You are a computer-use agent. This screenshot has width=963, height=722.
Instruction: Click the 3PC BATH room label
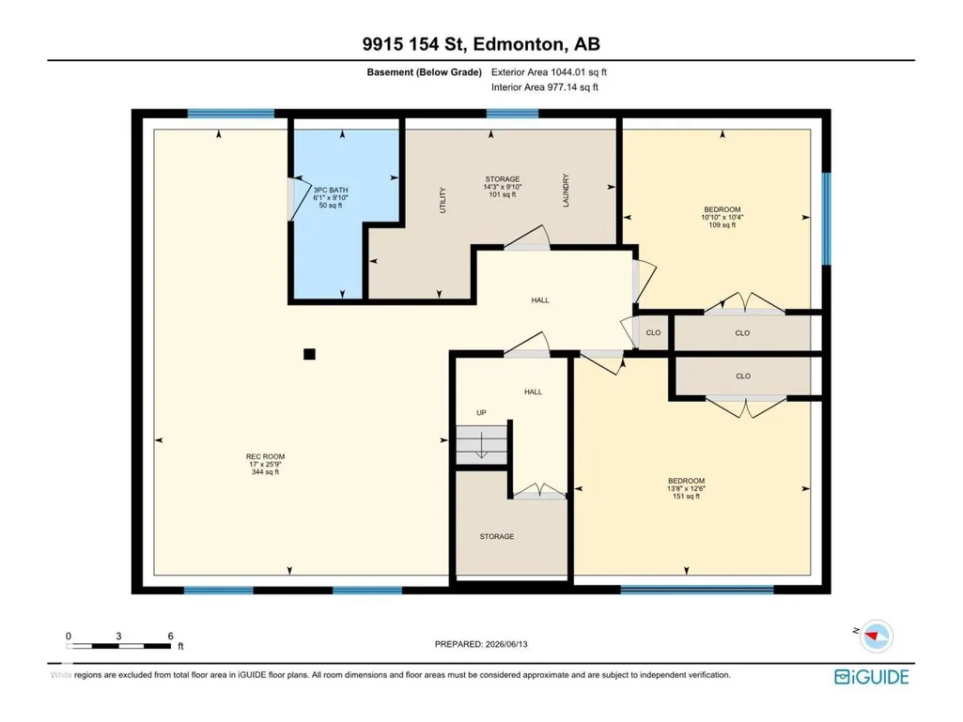331,191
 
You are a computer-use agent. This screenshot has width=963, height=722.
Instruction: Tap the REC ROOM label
265,457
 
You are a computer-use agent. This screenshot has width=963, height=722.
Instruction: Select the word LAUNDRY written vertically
566,191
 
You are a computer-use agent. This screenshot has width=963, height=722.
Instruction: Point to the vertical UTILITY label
443,200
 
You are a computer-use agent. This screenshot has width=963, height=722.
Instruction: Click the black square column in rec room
309,354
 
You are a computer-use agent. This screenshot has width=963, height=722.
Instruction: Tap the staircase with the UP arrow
481,443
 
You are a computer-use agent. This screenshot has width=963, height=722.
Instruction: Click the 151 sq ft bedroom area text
686,496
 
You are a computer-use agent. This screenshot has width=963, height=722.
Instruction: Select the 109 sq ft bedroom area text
722,224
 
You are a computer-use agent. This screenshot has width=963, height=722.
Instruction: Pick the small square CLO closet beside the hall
654,332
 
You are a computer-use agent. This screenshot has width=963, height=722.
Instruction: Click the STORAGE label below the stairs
497,537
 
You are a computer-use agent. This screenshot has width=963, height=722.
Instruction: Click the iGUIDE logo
872,677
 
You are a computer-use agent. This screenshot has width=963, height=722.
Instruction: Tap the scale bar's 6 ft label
171,636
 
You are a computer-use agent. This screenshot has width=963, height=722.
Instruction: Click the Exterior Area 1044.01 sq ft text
549,72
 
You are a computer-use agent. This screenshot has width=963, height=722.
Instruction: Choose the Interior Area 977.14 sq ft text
545,87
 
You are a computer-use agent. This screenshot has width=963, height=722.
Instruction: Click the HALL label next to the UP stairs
533,392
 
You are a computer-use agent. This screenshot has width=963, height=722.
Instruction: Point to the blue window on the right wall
826,219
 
